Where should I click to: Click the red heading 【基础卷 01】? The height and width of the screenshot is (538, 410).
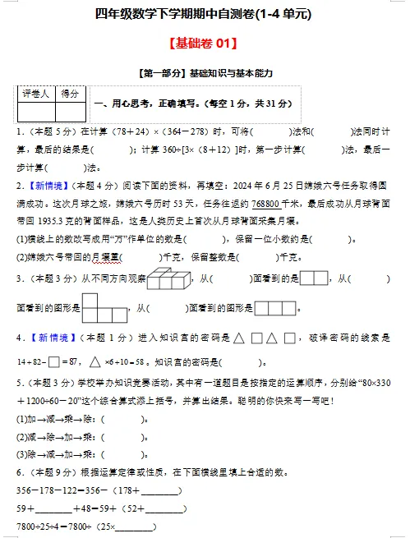tap(204, 43)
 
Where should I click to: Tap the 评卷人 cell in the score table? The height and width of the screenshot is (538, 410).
tap(36, 94)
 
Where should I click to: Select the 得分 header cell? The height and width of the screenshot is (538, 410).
tap(70, 94)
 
